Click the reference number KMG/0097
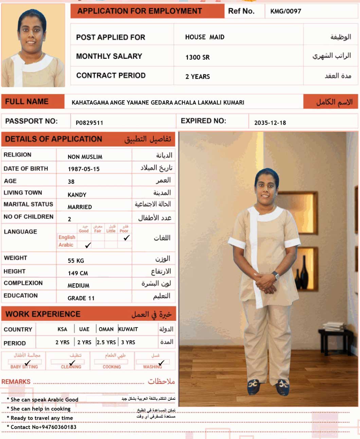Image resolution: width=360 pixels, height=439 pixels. pyautogui.click(x=286, y=11)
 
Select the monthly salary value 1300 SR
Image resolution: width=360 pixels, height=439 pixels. pyautogui.click(x=197, y=57)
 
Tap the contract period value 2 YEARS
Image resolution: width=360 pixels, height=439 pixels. pyautogui.click(x=197, y=77)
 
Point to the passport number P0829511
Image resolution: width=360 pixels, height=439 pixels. pyautogui.click(x=89, y=123)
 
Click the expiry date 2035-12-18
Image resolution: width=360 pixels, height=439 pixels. pyautogui.click(x=270, y=123)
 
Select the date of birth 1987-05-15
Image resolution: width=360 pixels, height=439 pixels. pyautogui.click(x=84, y=169)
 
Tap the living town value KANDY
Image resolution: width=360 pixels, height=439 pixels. pyautogui.click(x=77, y=195)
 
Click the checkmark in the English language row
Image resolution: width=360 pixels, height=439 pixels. pyautogui.click(x=126, y=238)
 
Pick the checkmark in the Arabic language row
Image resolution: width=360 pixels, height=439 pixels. pyautogui.click(x=88, y=245)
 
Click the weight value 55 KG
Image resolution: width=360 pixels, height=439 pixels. pyautogui.click(x=76, y=261)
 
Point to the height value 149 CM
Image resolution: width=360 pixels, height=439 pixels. pyautogui.click(x=78, y=273)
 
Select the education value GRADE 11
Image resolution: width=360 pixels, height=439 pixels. pyautogui.click(x=81, y=298)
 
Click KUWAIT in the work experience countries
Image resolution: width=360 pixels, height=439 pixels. pyautogui.click(x=128, y=329)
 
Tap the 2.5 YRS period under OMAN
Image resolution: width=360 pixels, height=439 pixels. pyautogui.click(x=106, y=342)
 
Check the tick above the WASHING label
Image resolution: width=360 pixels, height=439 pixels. pyautogui.click(x=161, y=363)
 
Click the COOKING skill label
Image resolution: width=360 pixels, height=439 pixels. pyautogui.click(x=112, y=367)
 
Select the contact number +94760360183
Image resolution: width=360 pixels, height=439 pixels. pyautogui.click(x=54, y=427)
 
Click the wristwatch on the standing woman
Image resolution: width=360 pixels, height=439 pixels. pyautogui.click(x=276, y=276)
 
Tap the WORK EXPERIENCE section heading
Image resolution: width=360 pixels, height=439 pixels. pyautogui.click(x=43, y=314)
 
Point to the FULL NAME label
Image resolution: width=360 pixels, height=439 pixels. pyautogui.click(x=27, y=102)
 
